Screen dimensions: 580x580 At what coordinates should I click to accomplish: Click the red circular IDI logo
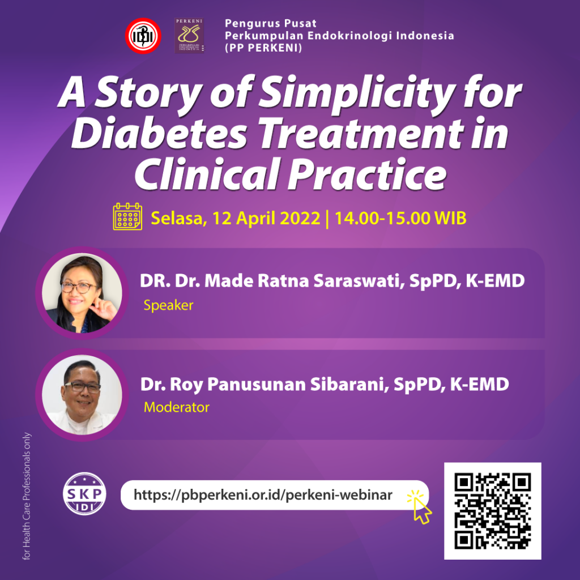pos(143,36)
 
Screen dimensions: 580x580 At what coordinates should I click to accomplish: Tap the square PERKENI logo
pos(189,36)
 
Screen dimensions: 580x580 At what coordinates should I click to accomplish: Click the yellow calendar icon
pos(127,216)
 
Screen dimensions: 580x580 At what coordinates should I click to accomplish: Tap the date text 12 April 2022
pos(266,219)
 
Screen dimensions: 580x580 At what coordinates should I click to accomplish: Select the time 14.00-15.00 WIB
pos(400,219)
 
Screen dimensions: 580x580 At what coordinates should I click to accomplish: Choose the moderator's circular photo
pos(82,395)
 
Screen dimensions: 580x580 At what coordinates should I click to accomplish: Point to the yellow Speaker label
pos(168,306)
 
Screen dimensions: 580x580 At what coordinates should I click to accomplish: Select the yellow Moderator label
pos(176,407)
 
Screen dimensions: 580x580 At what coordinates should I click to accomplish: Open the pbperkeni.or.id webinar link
pos(263,494)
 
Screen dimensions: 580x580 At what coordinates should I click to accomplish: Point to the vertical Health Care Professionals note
pos(27,497)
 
